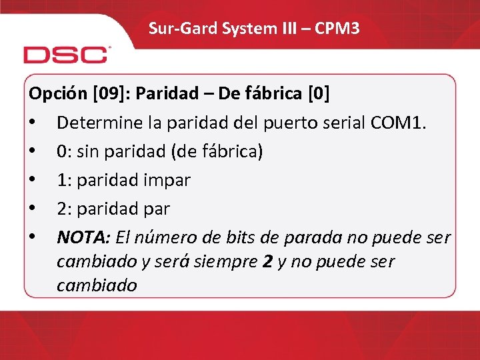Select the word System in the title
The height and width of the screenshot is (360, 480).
231,28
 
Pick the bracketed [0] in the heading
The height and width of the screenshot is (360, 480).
317,93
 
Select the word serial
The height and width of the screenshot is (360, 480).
343,123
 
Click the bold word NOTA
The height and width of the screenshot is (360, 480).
84,237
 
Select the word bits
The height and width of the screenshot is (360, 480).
254,237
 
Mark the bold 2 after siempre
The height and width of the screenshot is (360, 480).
267,261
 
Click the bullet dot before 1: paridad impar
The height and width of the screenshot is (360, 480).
32,180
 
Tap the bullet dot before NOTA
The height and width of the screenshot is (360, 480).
32,237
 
